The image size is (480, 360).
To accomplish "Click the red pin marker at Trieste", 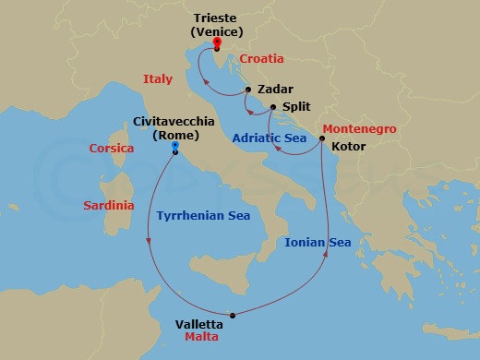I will coord(216,42).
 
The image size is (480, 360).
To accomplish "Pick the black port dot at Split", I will coord(273,107).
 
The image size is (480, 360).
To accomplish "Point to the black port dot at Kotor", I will coord(321,139).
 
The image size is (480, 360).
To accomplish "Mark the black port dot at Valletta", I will coord(233,316).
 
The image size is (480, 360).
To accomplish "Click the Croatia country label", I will coord(261,58).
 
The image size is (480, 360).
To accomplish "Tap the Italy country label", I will coord(158,80).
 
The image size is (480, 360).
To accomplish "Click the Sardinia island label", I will coord(109,204).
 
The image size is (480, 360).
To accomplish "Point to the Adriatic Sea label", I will coord(269,138).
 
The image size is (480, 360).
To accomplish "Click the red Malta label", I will coord(201,338).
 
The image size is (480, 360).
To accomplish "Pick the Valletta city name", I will coord(198,324).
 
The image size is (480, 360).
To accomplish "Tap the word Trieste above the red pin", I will coord(216,17).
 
